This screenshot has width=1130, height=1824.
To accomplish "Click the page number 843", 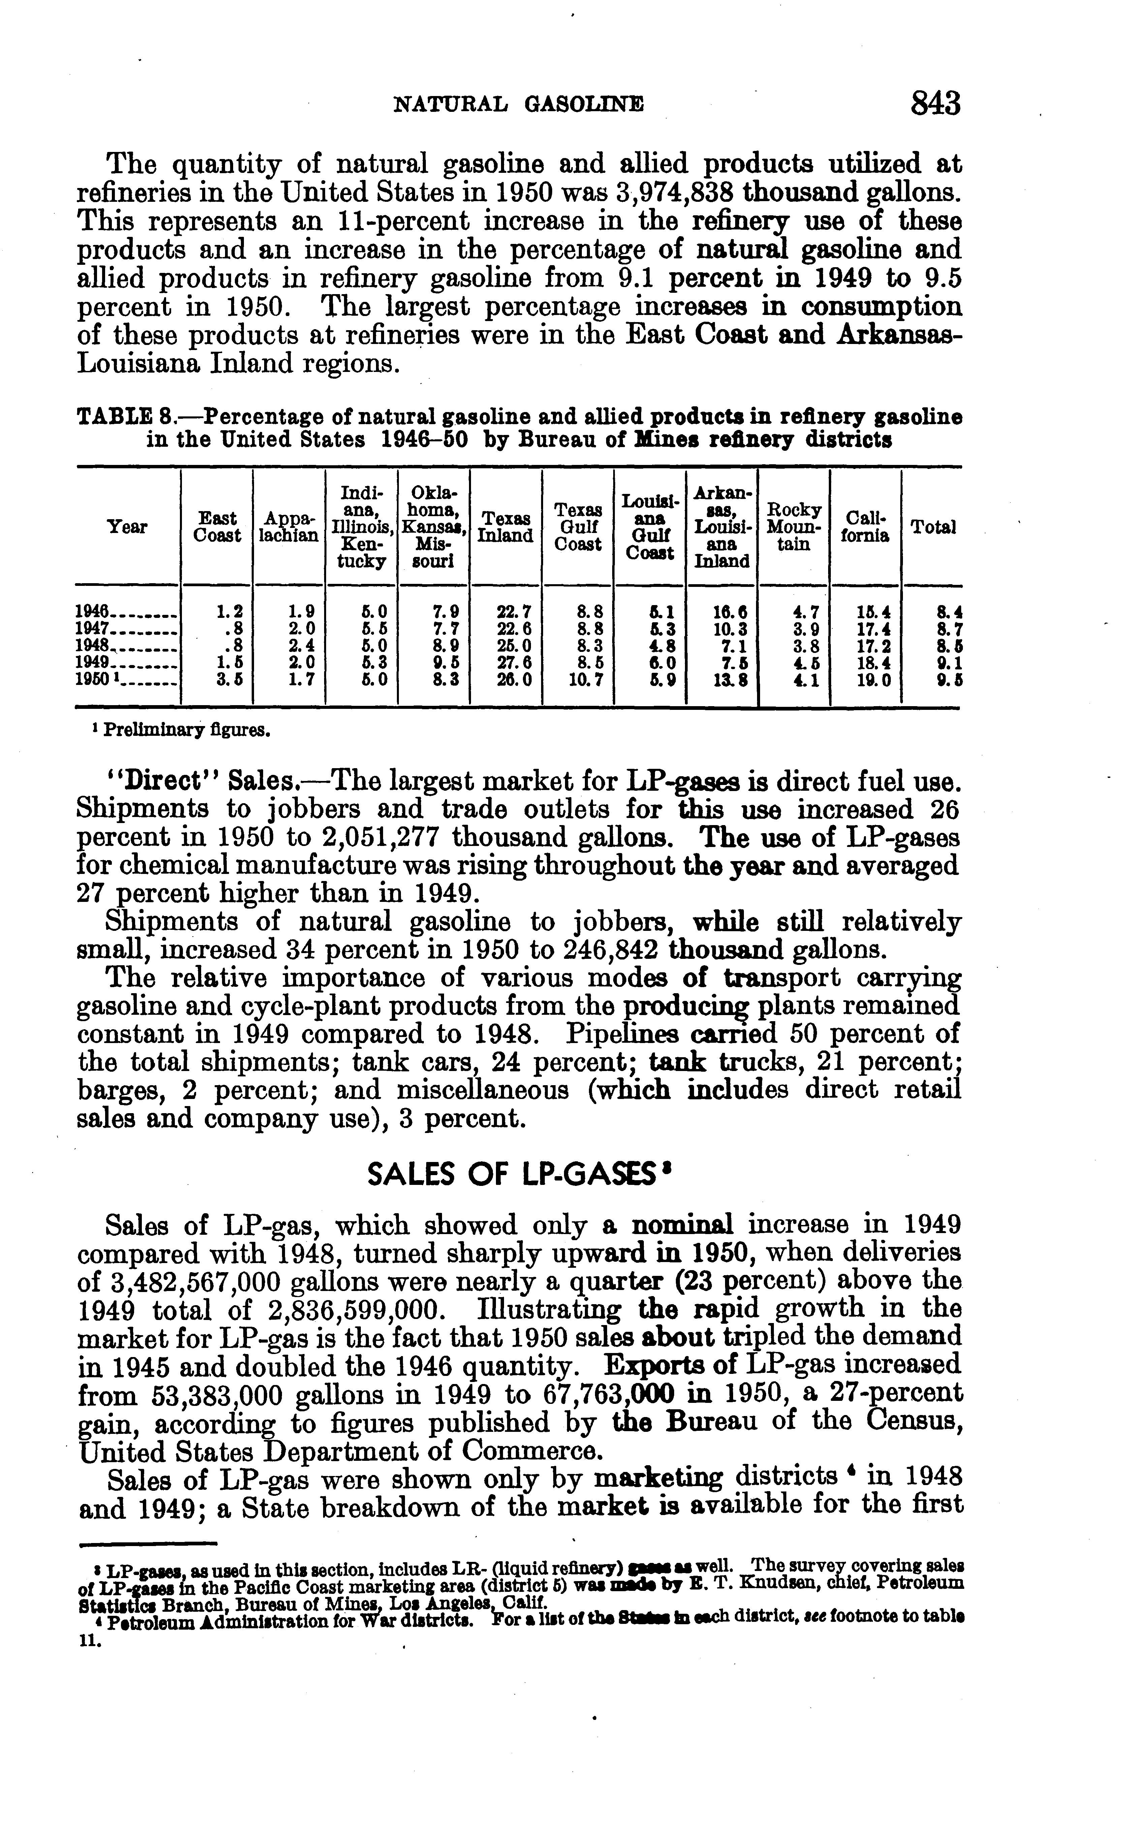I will (935, 104).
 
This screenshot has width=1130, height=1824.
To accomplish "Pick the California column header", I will (865, 527).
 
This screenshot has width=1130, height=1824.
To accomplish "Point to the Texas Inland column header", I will (505, 527).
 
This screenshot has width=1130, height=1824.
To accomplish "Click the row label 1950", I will (94, 680).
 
